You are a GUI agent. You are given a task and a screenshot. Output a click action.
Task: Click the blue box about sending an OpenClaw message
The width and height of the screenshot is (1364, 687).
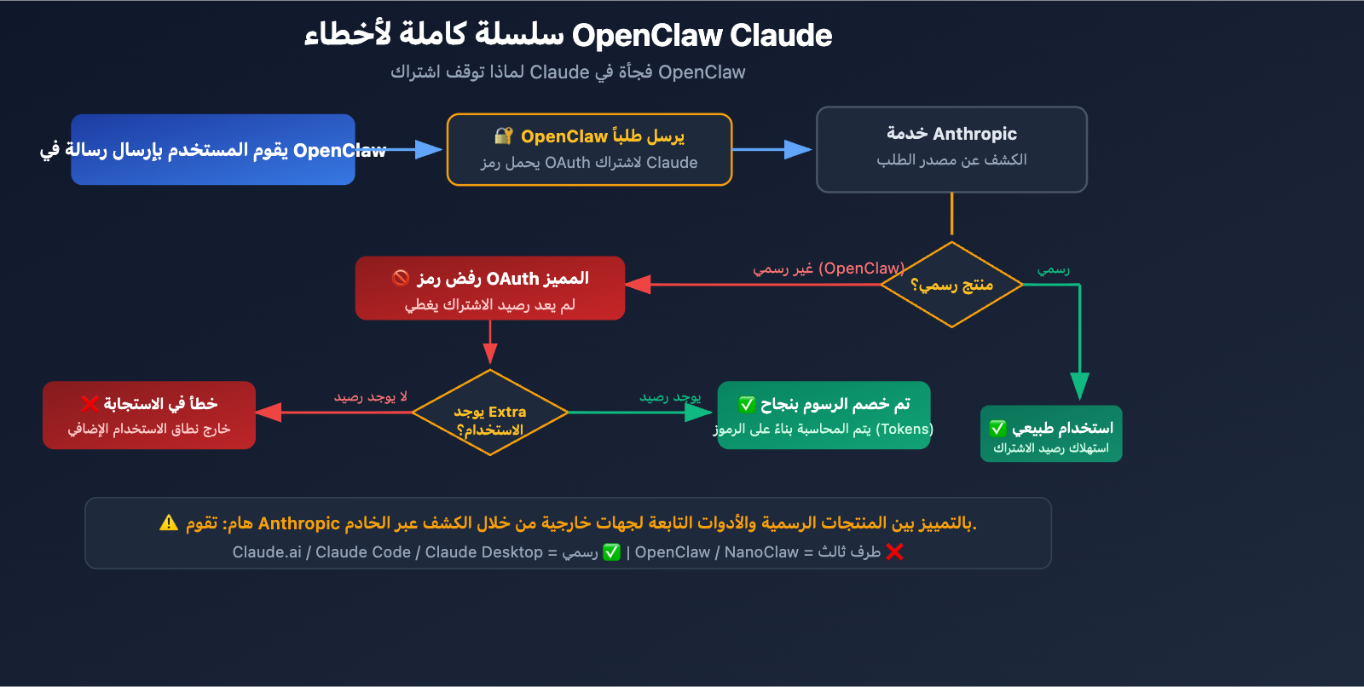pyautogui.click(x=213, y=150)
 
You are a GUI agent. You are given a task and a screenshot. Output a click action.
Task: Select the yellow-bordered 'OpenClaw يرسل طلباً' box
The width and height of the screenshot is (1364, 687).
pyautogui.click(x=589, y=150)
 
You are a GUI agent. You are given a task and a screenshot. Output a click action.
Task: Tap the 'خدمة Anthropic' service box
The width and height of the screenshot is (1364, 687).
pyautogui.click(x=951, y=150)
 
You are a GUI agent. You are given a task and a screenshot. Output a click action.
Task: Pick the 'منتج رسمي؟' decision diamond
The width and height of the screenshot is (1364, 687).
pyautogui.click(x=951, y=285)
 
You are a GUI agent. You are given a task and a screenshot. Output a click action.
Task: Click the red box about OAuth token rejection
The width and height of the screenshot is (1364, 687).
pyautogui.click(x=490, y=289)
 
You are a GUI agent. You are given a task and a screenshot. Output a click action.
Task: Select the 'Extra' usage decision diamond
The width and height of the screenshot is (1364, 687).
pyautogui.click(x=490, y=413)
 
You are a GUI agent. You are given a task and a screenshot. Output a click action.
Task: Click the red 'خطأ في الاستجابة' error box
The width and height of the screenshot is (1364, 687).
pyautogui.click(x=149, y=415)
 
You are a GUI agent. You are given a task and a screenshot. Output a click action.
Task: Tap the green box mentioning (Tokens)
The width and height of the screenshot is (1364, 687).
pyautogui.click(x=824, y=415)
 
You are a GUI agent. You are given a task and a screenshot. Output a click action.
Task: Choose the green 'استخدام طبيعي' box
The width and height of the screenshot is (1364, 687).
pyautogui.click(x=1050, y=434)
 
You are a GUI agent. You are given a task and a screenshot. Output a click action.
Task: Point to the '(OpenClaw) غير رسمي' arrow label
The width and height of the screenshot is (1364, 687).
pyautogui.click(x=828, y=268)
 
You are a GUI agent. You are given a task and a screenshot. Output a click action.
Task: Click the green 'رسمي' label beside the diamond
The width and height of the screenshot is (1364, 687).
pyautogui.click(x=1053, y=269)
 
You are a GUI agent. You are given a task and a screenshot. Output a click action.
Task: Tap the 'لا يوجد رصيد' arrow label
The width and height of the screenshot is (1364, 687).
pyautogui.click(x=370, y=397)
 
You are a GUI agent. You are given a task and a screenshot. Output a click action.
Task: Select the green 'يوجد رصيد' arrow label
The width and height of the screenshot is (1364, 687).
pyautogui.click(x=670, y=397)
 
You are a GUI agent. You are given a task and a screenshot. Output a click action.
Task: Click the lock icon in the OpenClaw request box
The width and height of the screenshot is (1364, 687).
pyautogui.click(x=503, y=136)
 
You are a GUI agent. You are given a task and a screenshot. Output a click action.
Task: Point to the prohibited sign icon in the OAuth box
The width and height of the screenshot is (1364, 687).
pyautogui.click(x=401, y=278)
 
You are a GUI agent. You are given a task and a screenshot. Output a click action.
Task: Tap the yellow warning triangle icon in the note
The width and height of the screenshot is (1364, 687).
pyautogui.click(x=169, y=522)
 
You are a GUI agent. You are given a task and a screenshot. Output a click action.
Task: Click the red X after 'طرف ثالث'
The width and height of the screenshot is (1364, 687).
pyautogui.click(x=894, y=552)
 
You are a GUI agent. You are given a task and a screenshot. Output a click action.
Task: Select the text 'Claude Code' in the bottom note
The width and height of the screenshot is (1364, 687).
pyautogui.click(x=363, y=552)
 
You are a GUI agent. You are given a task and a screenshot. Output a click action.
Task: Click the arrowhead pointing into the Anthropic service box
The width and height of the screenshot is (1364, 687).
pyautogui.click(x=798, y=150)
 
